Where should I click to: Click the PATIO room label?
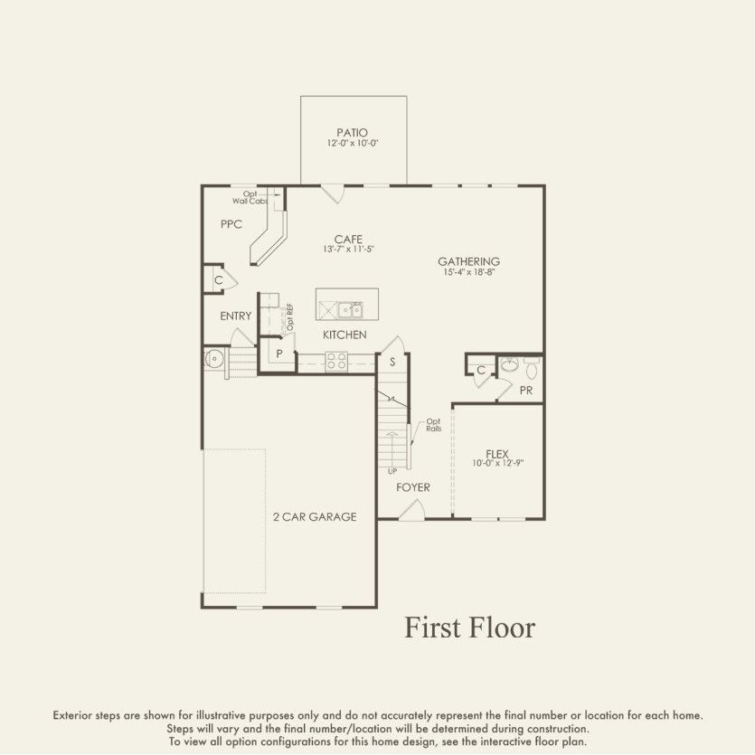[353, 132]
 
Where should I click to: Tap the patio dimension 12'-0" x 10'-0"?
[353, 144]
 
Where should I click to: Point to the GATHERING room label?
[469, 262]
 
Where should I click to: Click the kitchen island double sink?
[351, 310]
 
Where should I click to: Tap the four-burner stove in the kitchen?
[336, 362]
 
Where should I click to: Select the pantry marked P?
[279, 354]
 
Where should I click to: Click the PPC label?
[231, 224]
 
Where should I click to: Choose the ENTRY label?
[236, 316]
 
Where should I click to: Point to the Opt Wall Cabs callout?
[250, 197]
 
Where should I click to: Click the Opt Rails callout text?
[433, 425]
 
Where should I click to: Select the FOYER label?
[413, 487]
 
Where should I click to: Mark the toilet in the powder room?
[531, 369]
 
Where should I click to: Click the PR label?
[526, 390]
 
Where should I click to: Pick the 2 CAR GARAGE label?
[315, 517]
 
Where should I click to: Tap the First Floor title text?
[469, 628]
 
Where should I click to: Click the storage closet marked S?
[392, 362]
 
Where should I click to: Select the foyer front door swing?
[411, 511]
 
